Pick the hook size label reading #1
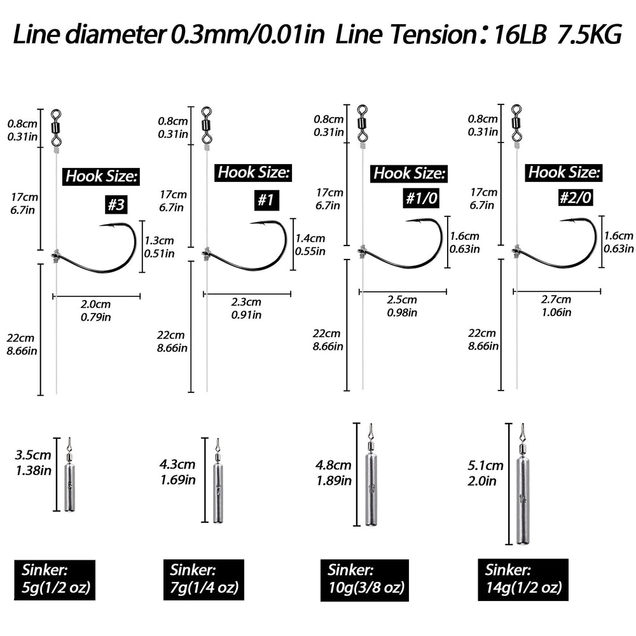[266, 201]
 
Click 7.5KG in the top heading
[587, 36]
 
